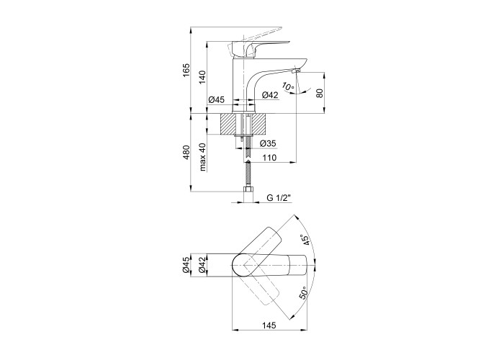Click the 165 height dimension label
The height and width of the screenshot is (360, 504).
(186, 71)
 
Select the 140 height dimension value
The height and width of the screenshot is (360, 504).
(202, 77)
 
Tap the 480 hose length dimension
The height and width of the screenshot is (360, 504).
(186, 152)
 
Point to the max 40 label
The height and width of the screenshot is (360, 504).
(203, 157)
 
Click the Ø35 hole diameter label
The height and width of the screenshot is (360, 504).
(267, 143)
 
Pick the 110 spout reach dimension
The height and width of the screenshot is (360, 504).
(269, 158)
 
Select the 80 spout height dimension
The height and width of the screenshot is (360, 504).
(319, 93)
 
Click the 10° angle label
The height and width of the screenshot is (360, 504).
(288, 86)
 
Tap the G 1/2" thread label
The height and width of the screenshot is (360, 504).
(279, 198)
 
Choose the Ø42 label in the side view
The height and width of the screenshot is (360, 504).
(270, 95)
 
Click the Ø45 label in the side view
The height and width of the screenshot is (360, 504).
(216, 99)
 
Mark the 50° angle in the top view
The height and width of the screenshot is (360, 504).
(304, 294)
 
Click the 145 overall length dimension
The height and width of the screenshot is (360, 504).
(269, 325)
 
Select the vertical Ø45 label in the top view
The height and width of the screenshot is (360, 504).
(186, 265)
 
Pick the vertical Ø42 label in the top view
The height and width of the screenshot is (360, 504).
(202, 265)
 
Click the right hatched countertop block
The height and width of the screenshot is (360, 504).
(259, 124)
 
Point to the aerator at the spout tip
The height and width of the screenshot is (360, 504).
(296, 71)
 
